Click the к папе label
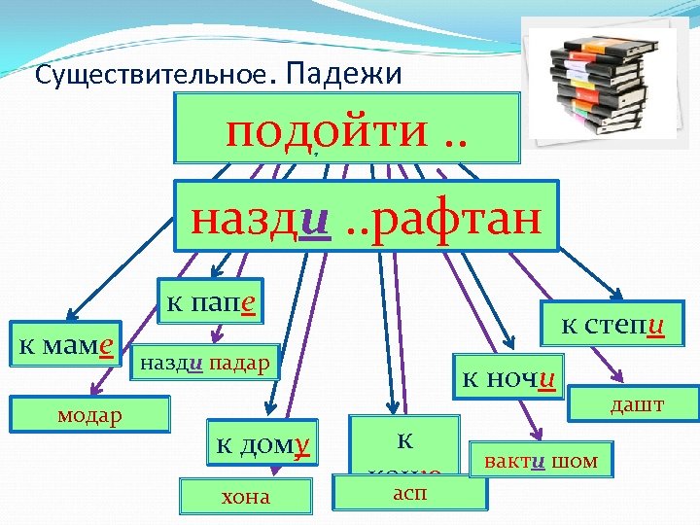pyautogui.click(x=210, y=301)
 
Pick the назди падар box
pyautogui.click(x=205, y=363)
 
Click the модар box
pyautogui.click(x=89, y=414)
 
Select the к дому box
pyautogui.click(x=262, y=445)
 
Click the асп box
pyautogui.click(x=408, y=492)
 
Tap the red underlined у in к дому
pyautogui.click(x=301, y=445)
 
